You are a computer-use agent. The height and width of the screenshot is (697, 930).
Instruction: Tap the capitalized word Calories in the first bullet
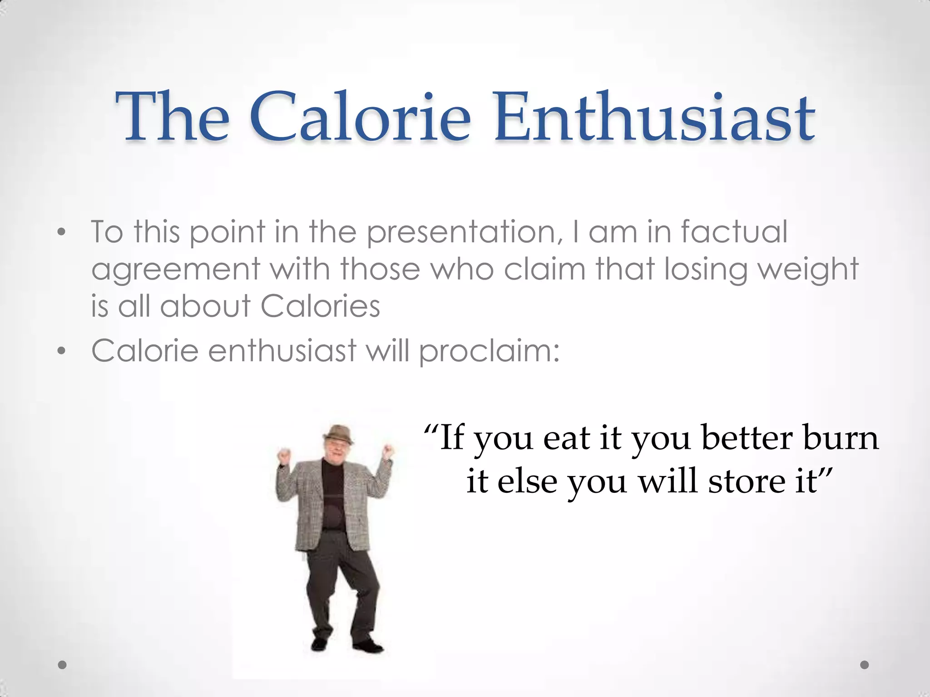point(320,306)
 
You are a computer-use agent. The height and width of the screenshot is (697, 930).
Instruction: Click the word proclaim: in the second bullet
point(489,352)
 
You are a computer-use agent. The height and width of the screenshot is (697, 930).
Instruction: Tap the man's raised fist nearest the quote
point(387,450)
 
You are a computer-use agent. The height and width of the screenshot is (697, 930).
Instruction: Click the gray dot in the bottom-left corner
point(63,665)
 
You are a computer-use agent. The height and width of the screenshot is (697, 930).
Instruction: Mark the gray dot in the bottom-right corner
point(865,665)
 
